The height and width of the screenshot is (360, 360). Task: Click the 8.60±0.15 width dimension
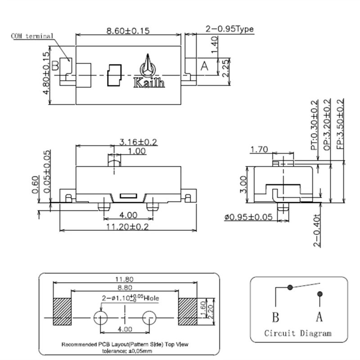pyautogui.click(x=128, y=31)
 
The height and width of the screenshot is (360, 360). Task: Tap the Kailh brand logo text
pyautogui.click(x=149, y=83)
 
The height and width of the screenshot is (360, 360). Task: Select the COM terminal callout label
pyautogui.click(x=32, y=36)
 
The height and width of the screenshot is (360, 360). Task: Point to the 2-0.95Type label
pyautogui.click(x=229, y=29)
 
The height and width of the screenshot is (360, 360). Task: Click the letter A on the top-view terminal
pyautogui.click(x=204, y=66)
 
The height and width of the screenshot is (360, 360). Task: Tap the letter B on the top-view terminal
pyautogui.click(x=55, y=66)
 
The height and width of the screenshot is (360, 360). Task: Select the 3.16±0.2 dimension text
pyautogui.click(x=138, y=142)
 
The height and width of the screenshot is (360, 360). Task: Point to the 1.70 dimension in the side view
pyautogui.click(x=260, y=149)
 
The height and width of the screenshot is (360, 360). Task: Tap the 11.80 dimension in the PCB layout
pyautogui.click(x=125, y=279)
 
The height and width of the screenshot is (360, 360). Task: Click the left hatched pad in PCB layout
pyautogui.click(x=63, y=311)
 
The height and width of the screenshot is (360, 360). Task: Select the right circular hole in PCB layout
pyautogui.click(x=149, y=318)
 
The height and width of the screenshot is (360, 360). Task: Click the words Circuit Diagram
pyautogui.click(x=297, y=333)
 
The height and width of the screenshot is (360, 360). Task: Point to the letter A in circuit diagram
pyautogui.click(x=319, y=317)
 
